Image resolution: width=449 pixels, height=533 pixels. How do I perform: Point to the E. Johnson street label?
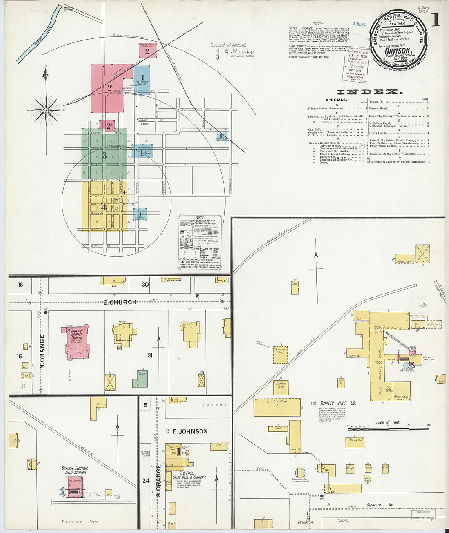pyautogui.click(x=190, y=431)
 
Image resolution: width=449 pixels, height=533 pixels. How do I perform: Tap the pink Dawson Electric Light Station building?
pyautogui.click(x=76, y=487)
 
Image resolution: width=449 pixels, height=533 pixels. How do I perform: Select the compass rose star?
pyautogui.click(x=47, y=110)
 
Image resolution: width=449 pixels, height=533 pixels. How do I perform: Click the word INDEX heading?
pyautogui.click(x=369, y=92)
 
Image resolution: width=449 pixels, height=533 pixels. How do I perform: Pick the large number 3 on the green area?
pyautogui.click(x=104, y=156)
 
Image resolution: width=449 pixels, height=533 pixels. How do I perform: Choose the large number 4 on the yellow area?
pyautogui.click(x=104, y=207)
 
